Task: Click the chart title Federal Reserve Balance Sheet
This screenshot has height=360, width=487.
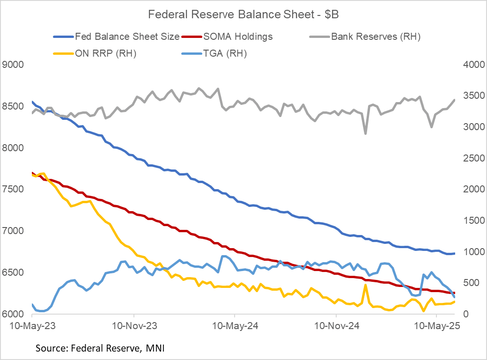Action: (243, 15)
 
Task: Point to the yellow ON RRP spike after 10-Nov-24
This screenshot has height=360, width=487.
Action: (365, 285)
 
